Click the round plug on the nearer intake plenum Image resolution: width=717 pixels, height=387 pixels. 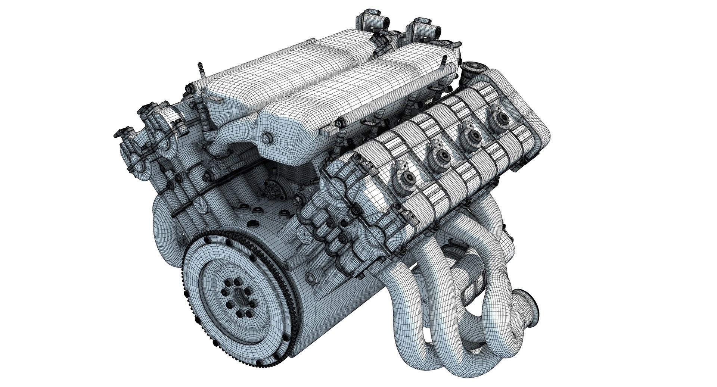(x=267, y=138)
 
